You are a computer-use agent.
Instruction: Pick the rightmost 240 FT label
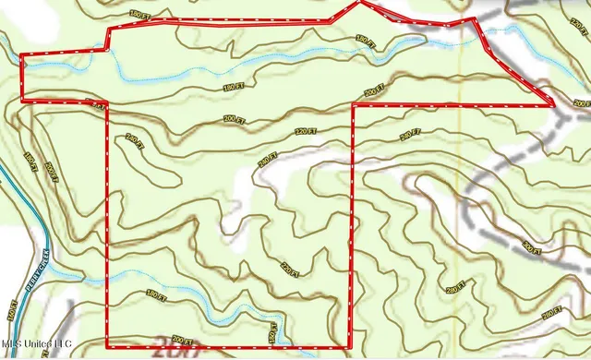click(410, 137)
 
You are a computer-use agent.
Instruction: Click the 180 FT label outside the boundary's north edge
click(139, 14)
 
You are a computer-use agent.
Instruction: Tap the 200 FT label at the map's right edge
click(581, 102)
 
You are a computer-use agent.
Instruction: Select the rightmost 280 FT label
click(552, 316)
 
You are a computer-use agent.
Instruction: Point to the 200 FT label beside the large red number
click(181, 339)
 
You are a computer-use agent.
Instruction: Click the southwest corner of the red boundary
click(108, 347)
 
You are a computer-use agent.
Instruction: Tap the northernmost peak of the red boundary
click(359, 3)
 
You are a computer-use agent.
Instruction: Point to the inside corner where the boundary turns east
click(355, 106)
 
